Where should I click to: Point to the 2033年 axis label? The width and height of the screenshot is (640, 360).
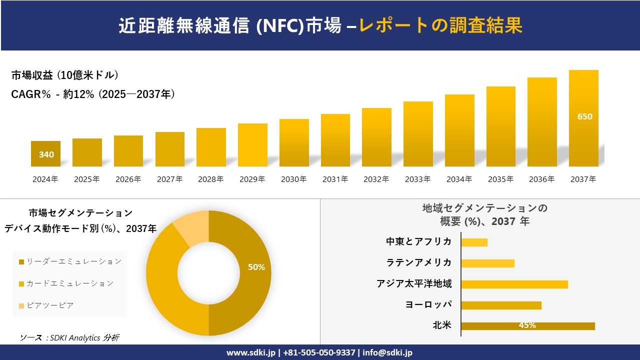coord(417,179)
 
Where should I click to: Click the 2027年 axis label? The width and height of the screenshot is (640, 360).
coord(169,179)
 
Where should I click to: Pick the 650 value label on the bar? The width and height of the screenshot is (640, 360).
coord(584,116)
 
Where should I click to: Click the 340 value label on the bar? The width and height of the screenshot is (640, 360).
coord(46,154)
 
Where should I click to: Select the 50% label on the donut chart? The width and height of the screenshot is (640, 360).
coord(256,267)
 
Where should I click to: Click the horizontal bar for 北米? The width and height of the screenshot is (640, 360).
coord(527,326)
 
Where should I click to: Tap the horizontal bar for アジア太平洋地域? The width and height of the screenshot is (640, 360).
coord(514,284)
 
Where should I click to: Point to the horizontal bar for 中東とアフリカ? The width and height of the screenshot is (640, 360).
coord(474,242)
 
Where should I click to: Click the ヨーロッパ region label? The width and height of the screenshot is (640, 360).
coord(428,304)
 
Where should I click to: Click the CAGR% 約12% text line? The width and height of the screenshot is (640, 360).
coord(93,94)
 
